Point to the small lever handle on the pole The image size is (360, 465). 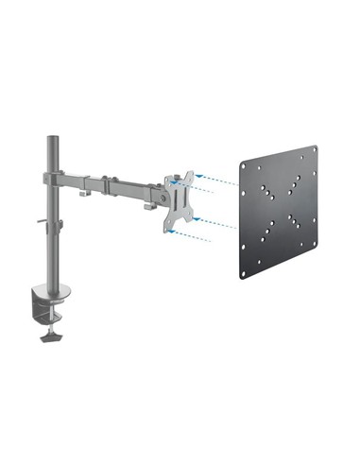click(43, 224)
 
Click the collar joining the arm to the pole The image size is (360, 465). click(53, 175)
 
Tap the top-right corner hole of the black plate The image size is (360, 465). click(315, 150)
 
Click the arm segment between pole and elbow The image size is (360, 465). click(70, 178)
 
